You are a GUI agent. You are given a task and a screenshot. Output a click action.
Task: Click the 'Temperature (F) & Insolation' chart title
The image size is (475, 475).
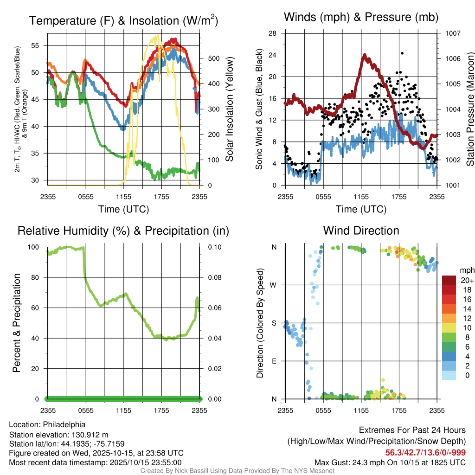123,20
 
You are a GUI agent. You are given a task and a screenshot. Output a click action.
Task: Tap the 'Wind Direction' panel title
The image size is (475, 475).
361,231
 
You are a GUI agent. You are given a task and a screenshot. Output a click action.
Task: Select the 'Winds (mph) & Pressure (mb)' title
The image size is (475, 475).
361,18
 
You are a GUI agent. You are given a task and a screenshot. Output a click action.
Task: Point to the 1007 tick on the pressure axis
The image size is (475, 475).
452,33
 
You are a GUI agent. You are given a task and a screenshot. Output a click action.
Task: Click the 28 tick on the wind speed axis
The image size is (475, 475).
273,33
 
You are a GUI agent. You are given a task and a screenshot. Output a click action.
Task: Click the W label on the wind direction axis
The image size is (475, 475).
274,285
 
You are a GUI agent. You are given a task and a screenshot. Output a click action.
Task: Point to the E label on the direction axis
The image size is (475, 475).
275,361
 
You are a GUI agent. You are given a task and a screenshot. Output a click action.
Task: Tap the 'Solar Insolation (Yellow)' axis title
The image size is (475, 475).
229,109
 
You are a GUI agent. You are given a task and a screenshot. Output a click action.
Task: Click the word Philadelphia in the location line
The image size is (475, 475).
64,424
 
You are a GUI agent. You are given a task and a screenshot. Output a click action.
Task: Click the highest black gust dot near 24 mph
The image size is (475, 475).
402,53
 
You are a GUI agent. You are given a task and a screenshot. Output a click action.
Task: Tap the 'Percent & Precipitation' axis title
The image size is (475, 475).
17,323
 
